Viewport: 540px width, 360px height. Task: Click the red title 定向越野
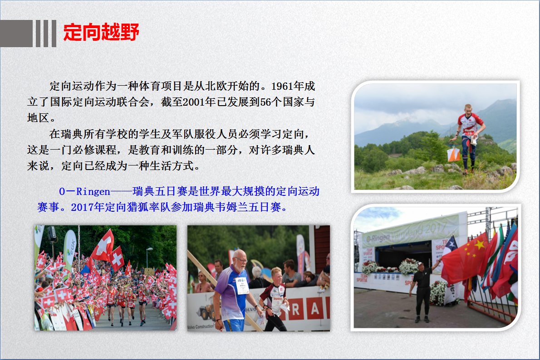101,32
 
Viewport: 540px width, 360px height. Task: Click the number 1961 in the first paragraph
282,86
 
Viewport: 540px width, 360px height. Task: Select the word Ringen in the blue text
93,192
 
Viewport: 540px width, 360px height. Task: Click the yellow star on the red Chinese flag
479,245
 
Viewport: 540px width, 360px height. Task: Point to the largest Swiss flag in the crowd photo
103,245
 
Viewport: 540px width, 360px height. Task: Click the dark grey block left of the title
16,34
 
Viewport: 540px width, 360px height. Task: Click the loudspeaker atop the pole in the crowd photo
52,234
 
